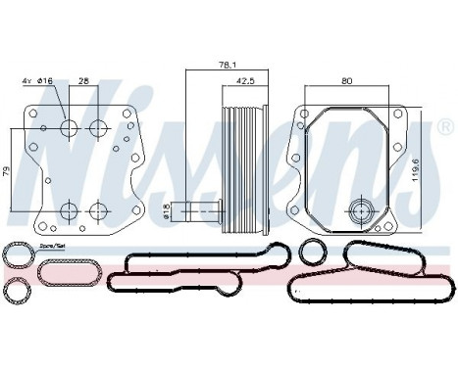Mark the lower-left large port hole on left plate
click(68, 210)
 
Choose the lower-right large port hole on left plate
click(97, 210)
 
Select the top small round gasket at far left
click(17, 256)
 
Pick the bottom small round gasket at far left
click(17, 291)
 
